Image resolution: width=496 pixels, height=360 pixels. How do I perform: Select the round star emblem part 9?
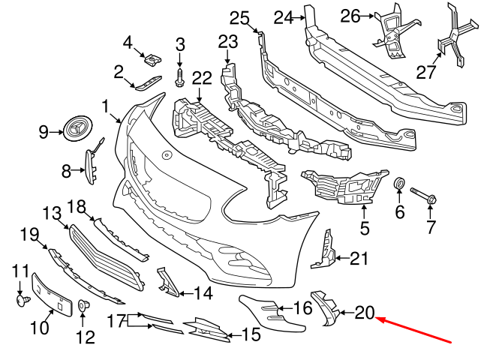click(x=77, y=131)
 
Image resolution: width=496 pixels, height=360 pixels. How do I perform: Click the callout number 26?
click(x=350, y=15)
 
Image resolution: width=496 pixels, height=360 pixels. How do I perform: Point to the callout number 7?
click(x=431, y=226)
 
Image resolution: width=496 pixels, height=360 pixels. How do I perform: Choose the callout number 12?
click(x=85, y=337)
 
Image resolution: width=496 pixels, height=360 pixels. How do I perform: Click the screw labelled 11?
click(x=22, y=299)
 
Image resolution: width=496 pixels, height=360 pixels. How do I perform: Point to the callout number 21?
click(x=360, y=259)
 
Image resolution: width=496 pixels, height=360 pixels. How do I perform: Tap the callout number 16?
click(x=302, y=307)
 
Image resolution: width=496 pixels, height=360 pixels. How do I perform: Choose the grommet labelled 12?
click(x=84, y=306)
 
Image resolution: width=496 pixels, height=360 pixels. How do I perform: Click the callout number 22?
click(x=202, y=77)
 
